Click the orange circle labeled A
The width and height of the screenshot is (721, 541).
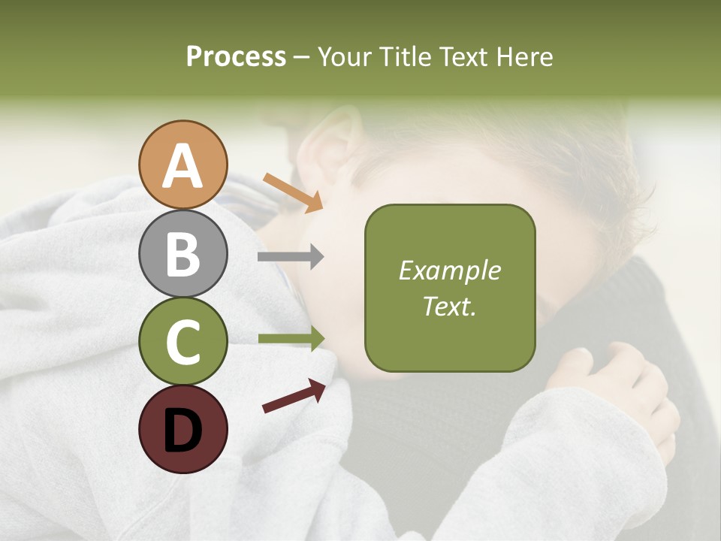point(183,165)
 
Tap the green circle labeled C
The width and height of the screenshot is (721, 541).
point(183,341)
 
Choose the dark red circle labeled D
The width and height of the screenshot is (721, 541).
point(183,429)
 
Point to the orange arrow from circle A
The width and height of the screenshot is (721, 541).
point(293,191)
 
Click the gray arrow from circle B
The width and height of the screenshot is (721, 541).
point(291,257)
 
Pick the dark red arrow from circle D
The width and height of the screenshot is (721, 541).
point(294,396)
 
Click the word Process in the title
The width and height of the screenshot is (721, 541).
point(236,56)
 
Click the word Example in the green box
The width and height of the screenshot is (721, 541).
point(449,270)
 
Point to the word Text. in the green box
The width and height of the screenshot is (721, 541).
point(449,306)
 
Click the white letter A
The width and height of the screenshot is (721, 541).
point(183,166)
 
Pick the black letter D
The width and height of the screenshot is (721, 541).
point(183,431)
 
